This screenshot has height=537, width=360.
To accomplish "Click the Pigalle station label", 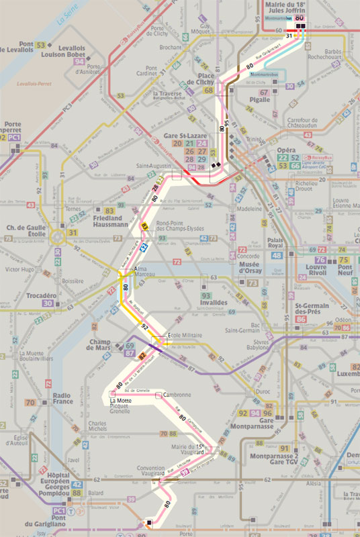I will [260, 99].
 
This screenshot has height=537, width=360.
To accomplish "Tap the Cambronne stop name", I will [177, 395].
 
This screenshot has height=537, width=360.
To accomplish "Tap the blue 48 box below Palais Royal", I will [276, 256].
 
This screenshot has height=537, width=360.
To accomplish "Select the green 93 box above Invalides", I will [206, 295].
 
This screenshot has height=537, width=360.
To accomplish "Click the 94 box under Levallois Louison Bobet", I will [80, 62].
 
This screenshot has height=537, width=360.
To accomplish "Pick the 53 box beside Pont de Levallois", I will [42, 44].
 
